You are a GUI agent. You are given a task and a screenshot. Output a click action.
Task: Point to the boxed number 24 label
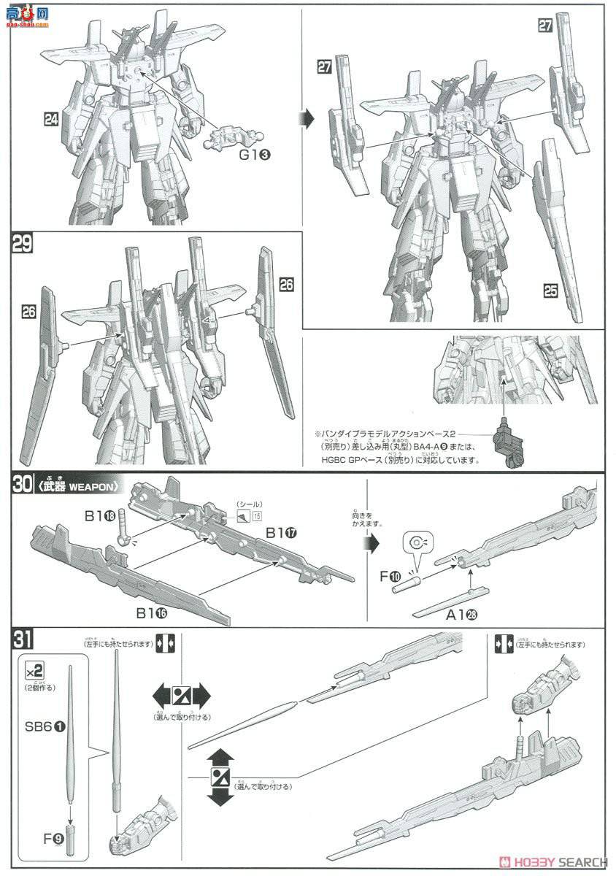coord(51,119)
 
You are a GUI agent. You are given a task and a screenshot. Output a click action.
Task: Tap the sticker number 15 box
coord(257,517)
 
